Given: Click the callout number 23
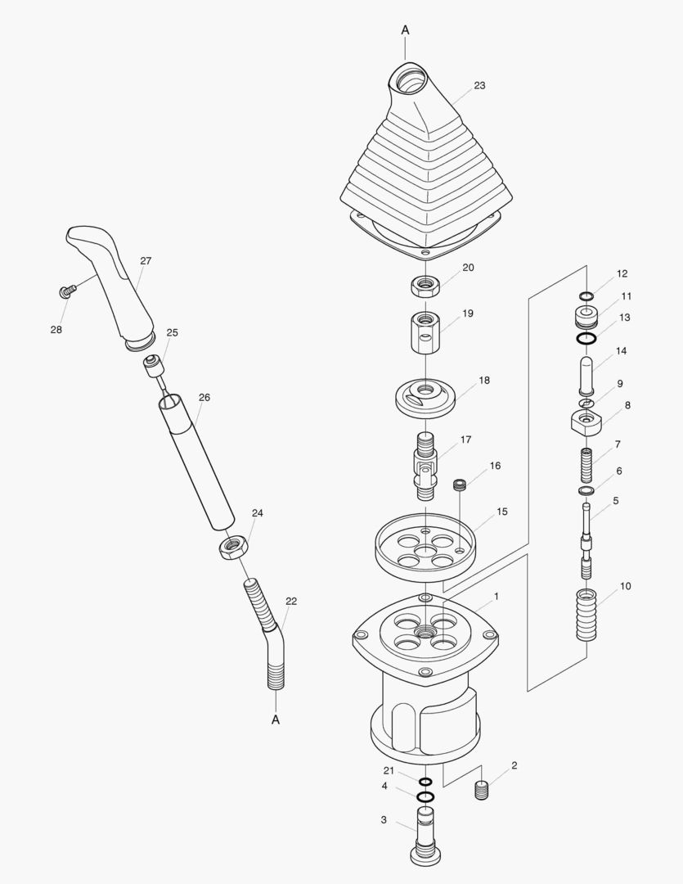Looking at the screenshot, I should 479,85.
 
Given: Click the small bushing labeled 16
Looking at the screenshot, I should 460,485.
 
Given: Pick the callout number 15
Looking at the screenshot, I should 501,512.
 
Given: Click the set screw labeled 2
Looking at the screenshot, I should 482,792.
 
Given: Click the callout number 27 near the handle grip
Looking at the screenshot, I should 146,261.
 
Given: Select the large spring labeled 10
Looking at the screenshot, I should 587,616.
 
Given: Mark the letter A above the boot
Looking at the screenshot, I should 405,29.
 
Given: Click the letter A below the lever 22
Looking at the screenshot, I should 276,720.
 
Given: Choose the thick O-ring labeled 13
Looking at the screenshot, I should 586,338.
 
